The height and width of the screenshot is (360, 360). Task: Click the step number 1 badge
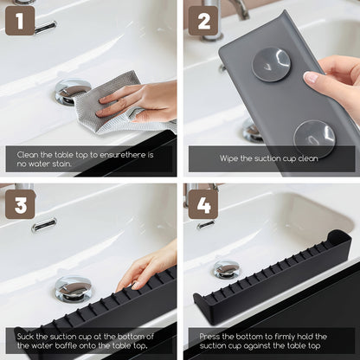coord(20,21)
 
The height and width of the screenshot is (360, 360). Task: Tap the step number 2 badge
coord(204,21)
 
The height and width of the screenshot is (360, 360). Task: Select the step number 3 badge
coord(20,204)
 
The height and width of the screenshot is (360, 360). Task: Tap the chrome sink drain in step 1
coord(71,90)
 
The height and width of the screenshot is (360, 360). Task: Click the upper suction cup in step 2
coord(270,66)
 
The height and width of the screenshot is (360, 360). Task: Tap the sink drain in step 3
coord(73,288)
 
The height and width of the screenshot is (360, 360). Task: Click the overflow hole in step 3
coord(44,225)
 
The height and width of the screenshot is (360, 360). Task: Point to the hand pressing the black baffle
coord(147,265)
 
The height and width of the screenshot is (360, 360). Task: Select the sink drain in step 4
coord(227,269)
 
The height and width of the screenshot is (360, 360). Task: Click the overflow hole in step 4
coord(206,224)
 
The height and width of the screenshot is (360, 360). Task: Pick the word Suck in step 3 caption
coord(27,336)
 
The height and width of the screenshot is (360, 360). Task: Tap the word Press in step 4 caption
coord(210,336)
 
